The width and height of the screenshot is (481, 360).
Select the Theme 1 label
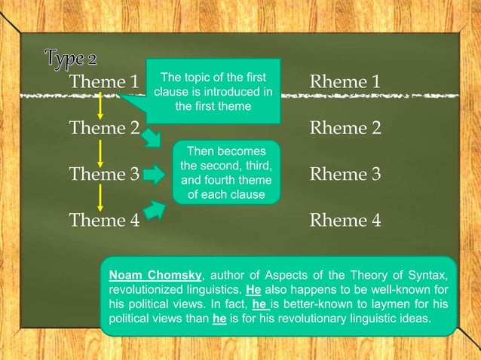point(104,81)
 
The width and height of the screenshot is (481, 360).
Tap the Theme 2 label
point(104,128)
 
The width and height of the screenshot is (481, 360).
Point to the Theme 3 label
point(104,175)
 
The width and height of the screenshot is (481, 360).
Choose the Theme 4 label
point(104,221)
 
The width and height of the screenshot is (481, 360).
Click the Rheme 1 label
point(345,81)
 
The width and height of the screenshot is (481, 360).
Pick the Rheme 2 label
point(345,128)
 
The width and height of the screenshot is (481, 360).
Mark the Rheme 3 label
point(345,175)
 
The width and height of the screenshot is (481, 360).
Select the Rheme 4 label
point(345,221)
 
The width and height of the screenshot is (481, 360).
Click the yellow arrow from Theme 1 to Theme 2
point(100,105)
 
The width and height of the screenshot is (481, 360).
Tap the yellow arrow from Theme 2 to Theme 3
point(100,151)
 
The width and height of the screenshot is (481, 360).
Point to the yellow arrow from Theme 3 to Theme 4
point(100,197)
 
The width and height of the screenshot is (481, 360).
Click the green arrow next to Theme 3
point(153,175)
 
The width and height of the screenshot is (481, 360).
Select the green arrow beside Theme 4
point(155,211)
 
